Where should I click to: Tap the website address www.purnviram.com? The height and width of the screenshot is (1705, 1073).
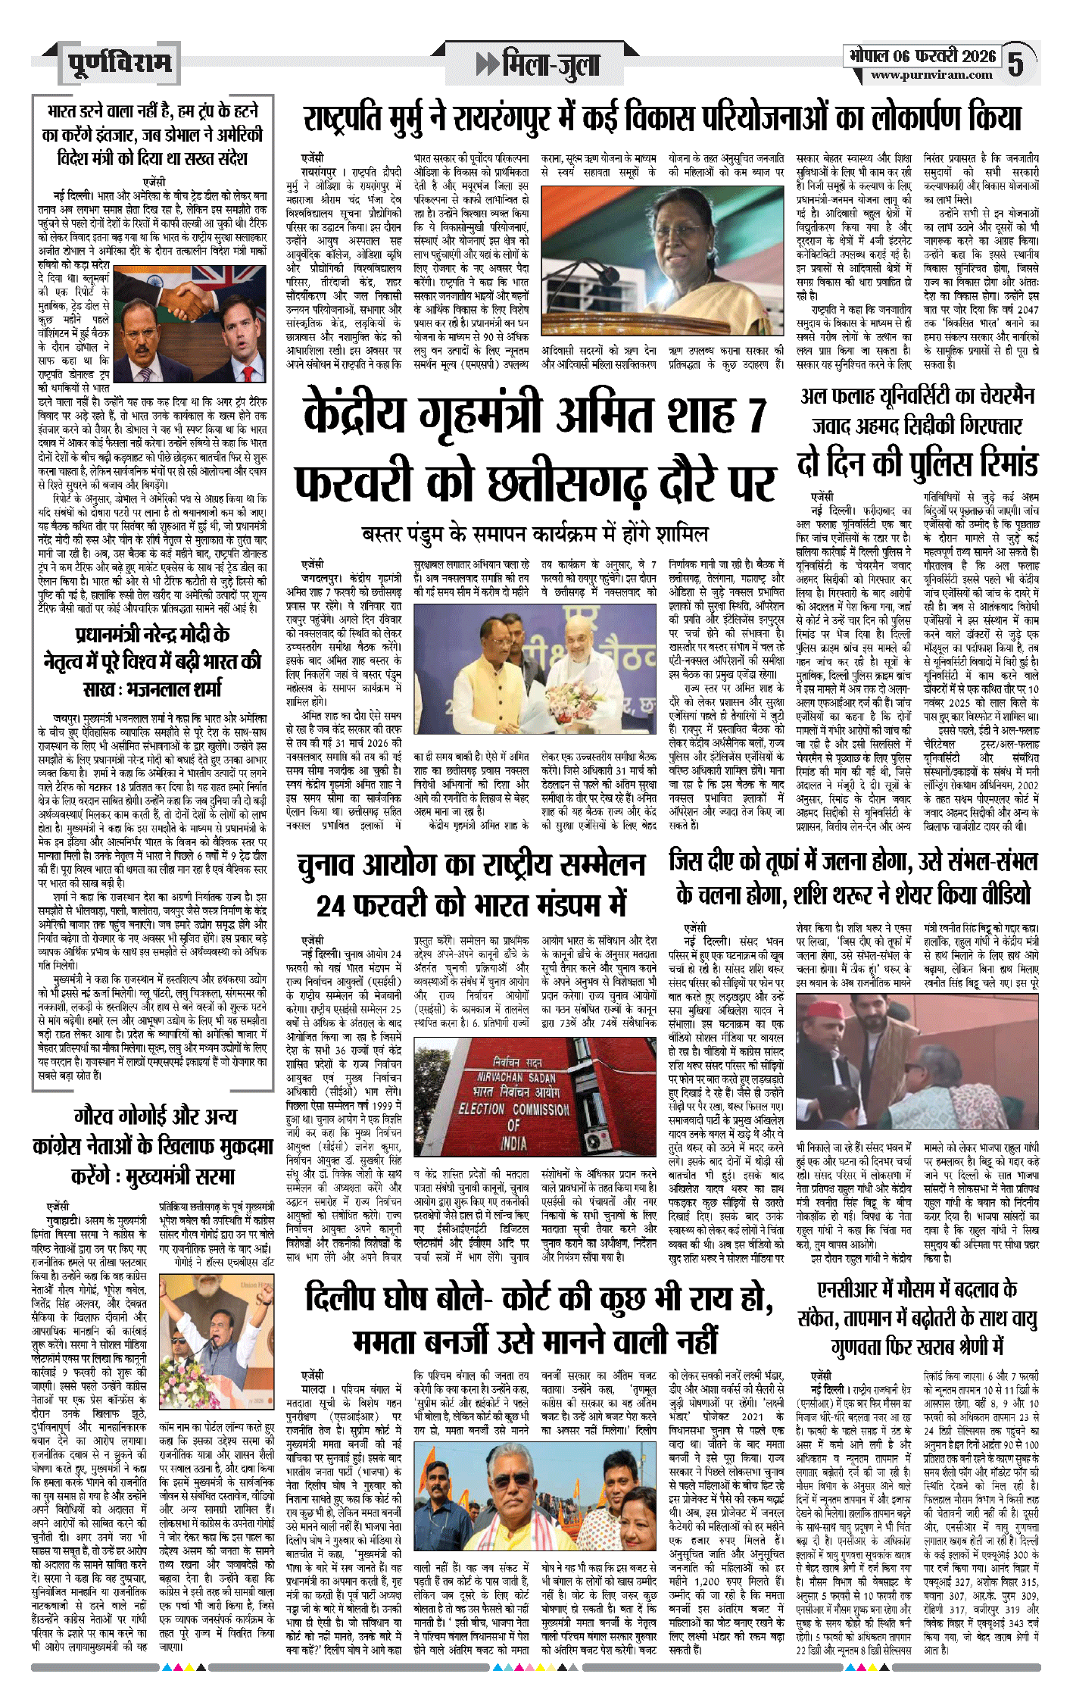point(931,75)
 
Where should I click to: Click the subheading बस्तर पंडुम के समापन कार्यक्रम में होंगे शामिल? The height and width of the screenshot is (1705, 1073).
point(534,534)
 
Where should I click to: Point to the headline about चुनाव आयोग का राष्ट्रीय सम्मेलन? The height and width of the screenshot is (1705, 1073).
point(471,884)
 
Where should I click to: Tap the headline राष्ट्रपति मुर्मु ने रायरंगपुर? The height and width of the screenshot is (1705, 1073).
point(662,119)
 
